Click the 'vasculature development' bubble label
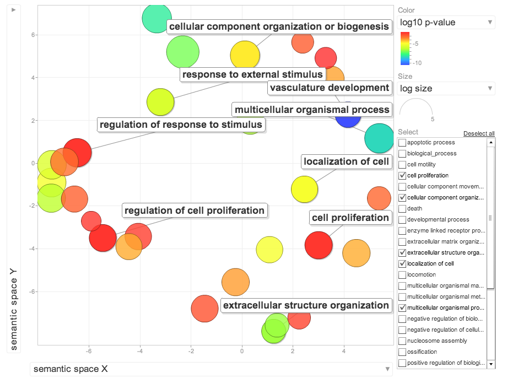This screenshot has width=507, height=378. (330, 88)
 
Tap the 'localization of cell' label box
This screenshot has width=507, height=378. (347, 161)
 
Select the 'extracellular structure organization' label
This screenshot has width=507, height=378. (306, 305)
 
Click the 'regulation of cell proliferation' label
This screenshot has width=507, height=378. (195, 210)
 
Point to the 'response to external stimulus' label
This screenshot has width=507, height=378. (252, 74)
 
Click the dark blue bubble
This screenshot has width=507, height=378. (348, 115)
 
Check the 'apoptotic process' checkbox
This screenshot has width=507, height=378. (402, 143)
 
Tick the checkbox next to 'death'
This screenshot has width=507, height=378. (402, 209)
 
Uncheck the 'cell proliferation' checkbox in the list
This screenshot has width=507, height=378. (402, 176)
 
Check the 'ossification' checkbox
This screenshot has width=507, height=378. (402, 352)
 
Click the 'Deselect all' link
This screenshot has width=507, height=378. (478, 134)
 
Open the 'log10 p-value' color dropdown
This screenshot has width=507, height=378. (446, 23)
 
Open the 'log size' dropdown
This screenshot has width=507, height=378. (446, 89)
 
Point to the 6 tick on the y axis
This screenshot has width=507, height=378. (33, 35)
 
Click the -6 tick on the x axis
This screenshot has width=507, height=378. (89, 351)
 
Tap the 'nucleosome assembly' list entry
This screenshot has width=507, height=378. (436, 341)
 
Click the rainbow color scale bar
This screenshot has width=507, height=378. (405, 48)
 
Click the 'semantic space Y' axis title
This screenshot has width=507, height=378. (14, 313)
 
